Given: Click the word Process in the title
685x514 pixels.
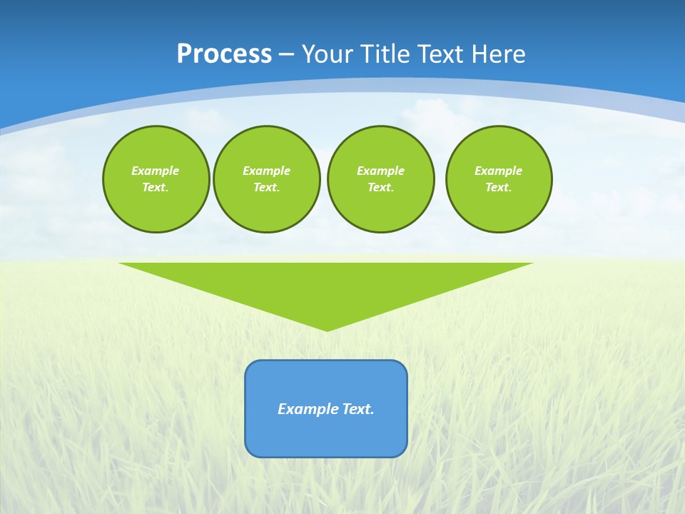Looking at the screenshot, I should tap(224, 54).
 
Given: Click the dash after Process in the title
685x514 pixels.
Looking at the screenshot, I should tap(286, 55).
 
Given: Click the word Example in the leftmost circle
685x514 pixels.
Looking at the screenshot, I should tap(156, 171).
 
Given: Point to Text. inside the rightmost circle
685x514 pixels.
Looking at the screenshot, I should tap(498, 187).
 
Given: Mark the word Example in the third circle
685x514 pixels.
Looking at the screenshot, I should tap(380, 171).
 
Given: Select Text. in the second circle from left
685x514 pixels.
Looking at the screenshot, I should tap(266, 187).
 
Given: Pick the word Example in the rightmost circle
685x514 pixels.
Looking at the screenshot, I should tap(498, 171).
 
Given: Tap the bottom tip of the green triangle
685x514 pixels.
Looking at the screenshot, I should tap(327, 329).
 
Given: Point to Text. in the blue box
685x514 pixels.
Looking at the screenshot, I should tap(358, 409).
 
